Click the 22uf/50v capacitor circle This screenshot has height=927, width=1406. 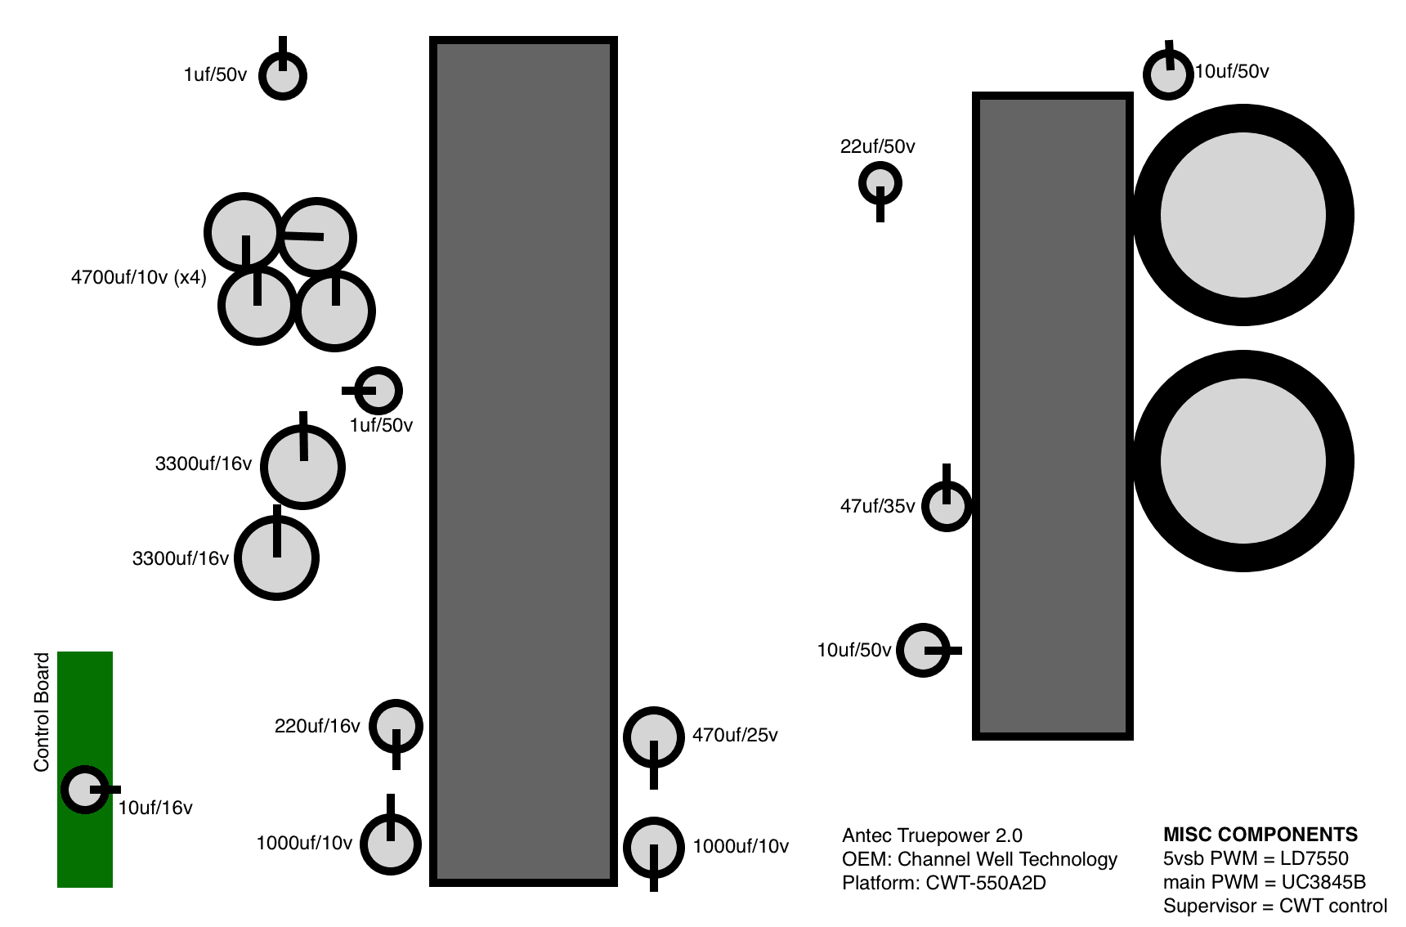[x=880, y=183]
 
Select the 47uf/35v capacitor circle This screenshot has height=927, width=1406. [x=947, y=506]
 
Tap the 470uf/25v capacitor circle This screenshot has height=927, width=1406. [x=653, y=737]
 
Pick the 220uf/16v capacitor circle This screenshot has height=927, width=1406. [x=396, y=725]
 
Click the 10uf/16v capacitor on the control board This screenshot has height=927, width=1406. [x=84, y=790]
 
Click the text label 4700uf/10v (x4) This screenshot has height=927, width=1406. [x=138, y=277]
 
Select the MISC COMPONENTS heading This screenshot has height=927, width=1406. [x=1260, y=835]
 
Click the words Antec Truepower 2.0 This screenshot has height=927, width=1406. [x=932, y=835]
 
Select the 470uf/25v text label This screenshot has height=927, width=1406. [x=735, y=736]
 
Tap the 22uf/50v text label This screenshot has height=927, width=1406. [x=877, y=147]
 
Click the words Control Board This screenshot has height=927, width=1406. [x=42, y=711]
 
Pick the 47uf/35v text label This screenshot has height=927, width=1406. [x=877, y=507]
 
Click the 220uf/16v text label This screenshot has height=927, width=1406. [x=317, y=726]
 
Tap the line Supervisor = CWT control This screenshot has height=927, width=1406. [x=1274, y=906]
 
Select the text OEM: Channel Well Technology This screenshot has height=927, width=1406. [x=979, y=859]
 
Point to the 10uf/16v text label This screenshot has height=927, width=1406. [x=155, y=808]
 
